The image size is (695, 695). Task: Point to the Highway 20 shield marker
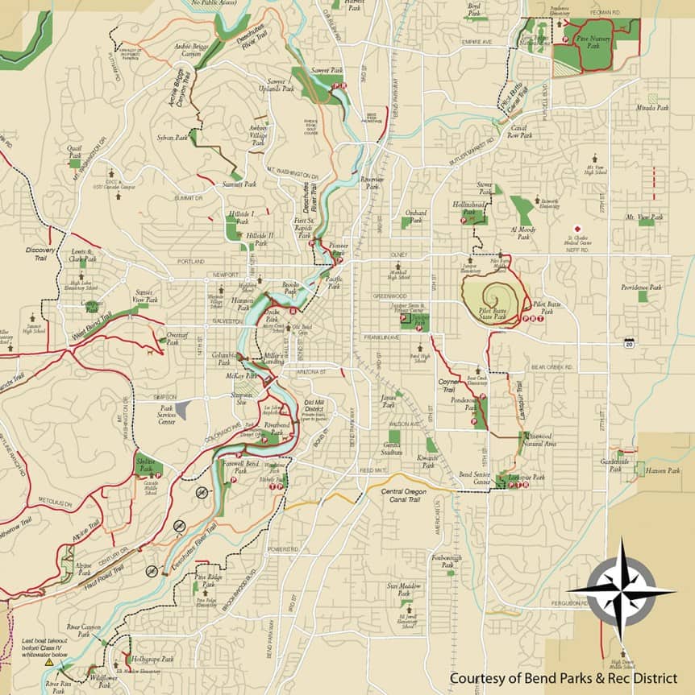click(x=627, y=344)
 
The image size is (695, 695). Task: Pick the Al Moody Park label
click(x=522, y=233)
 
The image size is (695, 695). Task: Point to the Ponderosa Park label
click(x=465, y=403)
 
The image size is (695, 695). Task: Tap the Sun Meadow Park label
click(x=405, y=590)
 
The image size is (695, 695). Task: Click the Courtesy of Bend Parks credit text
click(x=563, y=678)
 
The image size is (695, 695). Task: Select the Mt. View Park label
click(x=644, y=217)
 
